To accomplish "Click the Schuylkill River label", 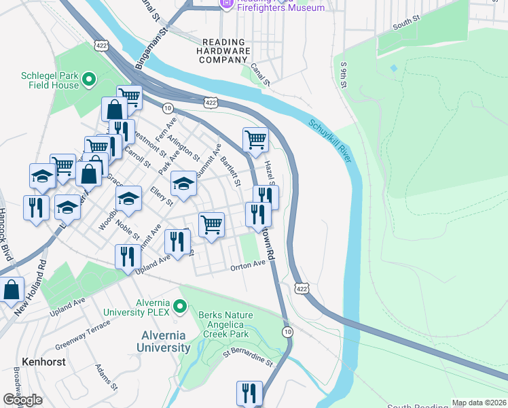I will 331,141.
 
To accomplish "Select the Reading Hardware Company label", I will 223,51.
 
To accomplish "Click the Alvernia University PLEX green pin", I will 180,307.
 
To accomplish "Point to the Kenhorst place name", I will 43,362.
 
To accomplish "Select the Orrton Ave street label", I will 247,267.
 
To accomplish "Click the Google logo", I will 22,400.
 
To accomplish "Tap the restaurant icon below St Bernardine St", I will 249,393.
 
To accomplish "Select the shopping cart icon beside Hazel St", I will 255,139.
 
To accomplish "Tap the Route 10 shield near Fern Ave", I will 167,108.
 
